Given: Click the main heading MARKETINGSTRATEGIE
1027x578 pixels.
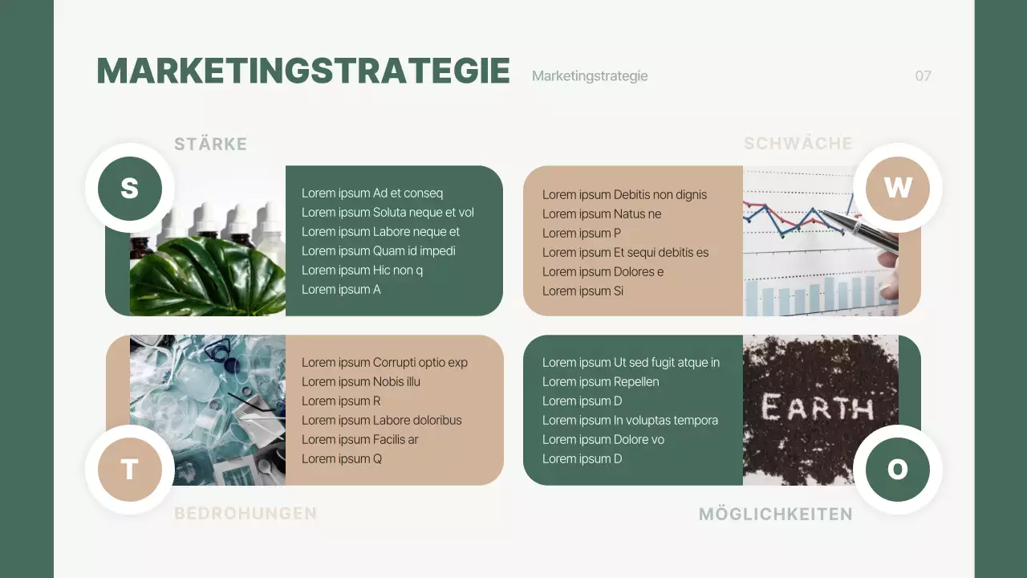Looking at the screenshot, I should (x=303, y=71).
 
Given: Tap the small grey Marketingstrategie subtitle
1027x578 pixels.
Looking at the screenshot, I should (x=590, y=76).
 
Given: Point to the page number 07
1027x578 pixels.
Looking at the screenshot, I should (x=923, y=76).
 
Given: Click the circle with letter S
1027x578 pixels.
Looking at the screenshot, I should (x=130, y=188).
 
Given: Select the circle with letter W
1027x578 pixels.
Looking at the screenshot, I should (x=897, y=188).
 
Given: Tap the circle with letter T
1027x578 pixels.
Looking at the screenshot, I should (x=130, y=469).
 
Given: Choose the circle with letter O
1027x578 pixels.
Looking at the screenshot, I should (x=897, y=469).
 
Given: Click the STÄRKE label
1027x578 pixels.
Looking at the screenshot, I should (x=210, y=144).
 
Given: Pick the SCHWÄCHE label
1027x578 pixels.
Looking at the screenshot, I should (x=798, y=144).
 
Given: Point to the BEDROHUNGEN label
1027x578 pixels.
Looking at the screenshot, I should (x=246, y=514).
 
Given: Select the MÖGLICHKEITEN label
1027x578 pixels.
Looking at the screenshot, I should (x=775, y=515).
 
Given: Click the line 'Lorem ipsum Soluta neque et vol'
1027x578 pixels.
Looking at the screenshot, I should (x=388, y=213).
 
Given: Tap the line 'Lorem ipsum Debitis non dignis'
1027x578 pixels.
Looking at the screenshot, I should (x=624, y=194).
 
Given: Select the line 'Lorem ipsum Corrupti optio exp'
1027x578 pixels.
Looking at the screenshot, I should (x=384, y=363).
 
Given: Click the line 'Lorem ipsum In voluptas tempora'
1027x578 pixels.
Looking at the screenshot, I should (x=630, y=421).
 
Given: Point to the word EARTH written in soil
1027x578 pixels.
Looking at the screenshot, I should (x=817, y=409).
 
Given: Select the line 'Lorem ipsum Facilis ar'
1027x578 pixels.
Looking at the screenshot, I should (x=359, y=440).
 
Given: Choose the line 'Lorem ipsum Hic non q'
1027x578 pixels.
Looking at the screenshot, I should (x=362, y=271).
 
